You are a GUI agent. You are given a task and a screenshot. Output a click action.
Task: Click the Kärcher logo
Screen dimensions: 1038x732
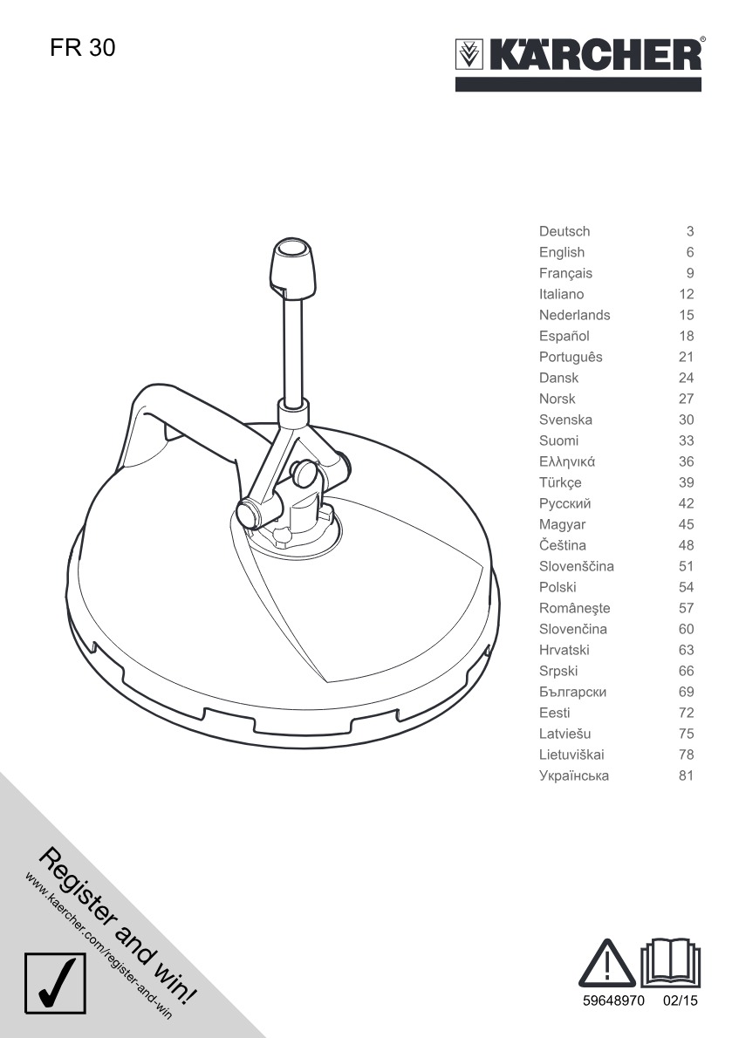(x=578, y=56)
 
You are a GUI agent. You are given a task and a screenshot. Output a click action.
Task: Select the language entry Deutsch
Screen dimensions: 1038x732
(x=564, y=231)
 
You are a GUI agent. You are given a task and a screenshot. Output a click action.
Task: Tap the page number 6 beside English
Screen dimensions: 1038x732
(x=689, y=252)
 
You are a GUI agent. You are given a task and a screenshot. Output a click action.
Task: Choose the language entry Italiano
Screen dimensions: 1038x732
(x=561, y=294)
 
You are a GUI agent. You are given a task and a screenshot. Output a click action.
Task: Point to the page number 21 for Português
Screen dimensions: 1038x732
(x=686, y=357)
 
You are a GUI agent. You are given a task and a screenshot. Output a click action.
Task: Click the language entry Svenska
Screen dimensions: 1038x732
(x=565, y=420)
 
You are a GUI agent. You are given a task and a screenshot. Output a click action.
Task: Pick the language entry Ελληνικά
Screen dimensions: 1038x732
(x=567, y=461)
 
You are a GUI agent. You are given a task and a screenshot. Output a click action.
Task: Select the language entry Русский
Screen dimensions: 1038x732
(x=565, y=503)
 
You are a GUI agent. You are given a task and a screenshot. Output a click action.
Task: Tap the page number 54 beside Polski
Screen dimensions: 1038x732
(x=686, y=587)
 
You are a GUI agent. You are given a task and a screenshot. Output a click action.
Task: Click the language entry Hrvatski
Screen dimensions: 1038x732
(x=564, y=650)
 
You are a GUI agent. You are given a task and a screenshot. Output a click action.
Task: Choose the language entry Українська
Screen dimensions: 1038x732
(x=574, y=775)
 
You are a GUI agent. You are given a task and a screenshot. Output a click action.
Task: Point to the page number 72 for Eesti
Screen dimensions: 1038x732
(x=686, y=713)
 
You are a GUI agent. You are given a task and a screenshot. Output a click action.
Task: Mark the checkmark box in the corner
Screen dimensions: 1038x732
(x=56, y=983)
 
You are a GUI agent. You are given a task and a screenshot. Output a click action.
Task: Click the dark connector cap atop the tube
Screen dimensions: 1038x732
(x=291, y=267)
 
